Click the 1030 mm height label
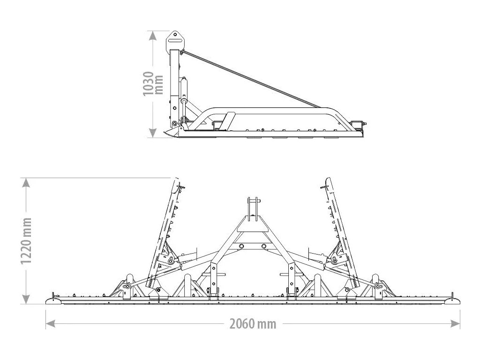tap(153, 84)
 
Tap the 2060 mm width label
tap(253, 323)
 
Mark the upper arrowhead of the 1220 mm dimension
tap(27, 183)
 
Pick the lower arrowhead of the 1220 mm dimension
tap(27, 299)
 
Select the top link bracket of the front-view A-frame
tap(253, 209)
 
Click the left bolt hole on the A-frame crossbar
tap(241, 246)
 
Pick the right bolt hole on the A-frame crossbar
tap(264, 246)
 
